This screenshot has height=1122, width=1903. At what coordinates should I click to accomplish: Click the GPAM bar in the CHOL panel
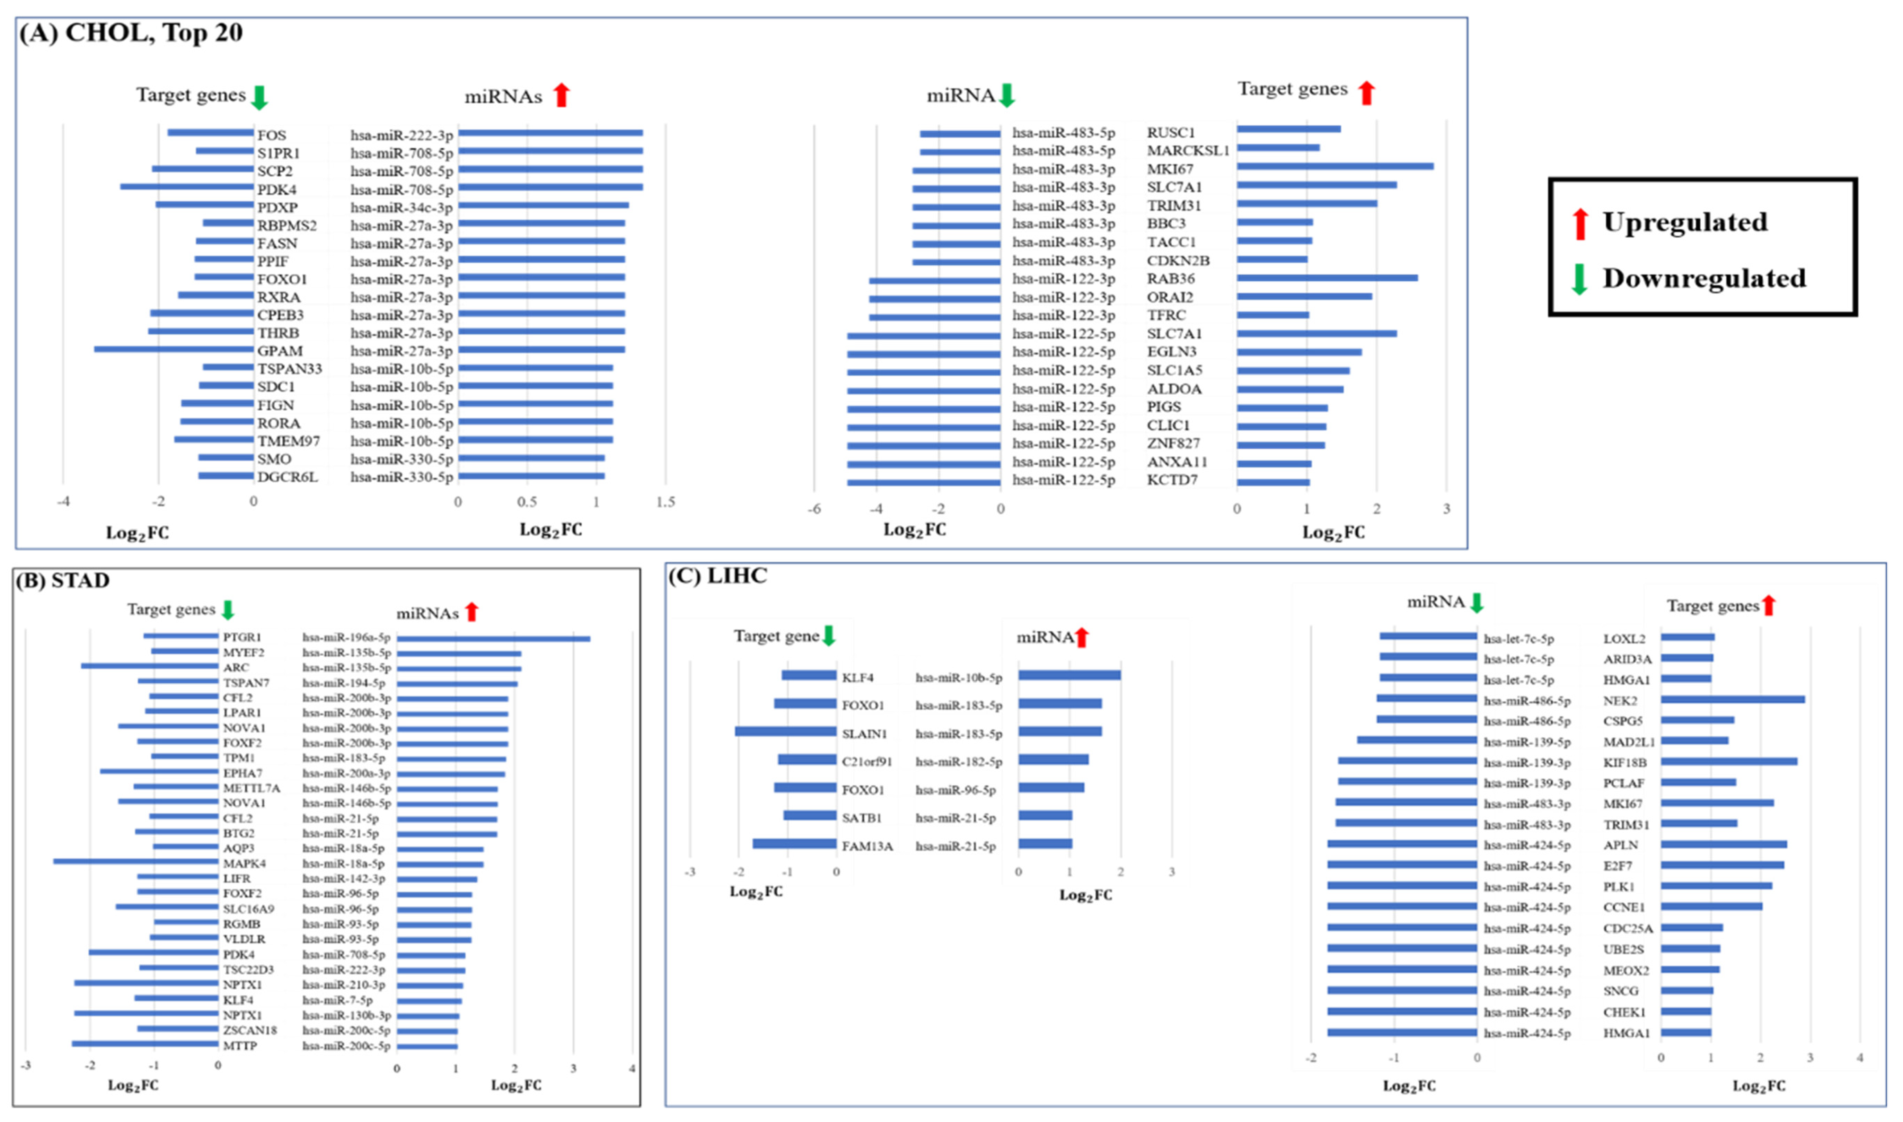174,349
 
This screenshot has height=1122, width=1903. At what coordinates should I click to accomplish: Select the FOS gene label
271,135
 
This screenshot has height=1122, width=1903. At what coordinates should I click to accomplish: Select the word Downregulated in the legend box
1704,278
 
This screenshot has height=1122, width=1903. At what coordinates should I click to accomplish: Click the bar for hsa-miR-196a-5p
493,639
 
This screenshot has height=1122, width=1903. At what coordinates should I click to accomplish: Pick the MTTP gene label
240,1046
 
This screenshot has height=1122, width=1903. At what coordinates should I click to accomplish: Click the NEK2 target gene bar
1732,699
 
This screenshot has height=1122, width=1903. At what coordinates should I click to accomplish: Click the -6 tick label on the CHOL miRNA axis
814,509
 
